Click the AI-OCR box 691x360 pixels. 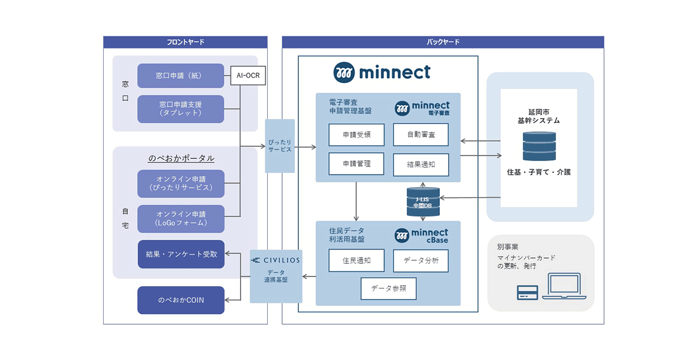point(249,75)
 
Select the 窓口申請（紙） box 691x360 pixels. point(181,75)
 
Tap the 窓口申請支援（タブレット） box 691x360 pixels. point(181,109)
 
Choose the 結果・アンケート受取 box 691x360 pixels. point(181,254)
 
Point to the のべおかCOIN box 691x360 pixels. point(181,300)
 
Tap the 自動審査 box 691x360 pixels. point(420,134)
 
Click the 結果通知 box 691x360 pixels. point(420,164)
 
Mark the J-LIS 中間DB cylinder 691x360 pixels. point(423,202)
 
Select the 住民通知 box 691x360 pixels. point(356,260)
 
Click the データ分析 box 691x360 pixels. point(420,260)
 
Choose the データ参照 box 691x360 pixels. point(389,289)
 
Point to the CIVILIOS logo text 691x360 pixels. point(276,260)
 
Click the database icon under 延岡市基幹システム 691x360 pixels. point(539,146)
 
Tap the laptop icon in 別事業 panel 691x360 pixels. point(567,287)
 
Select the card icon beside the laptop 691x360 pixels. point(527,293)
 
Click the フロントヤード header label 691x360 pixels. point(185,42)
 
